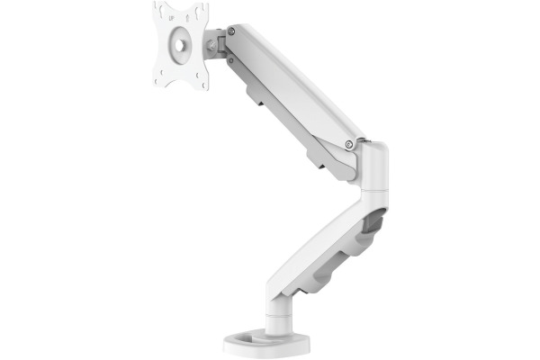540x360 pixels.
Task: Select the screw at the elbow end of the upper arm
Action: [349, 144]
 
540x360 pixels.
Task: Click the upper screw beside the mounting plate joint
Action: [231, 31]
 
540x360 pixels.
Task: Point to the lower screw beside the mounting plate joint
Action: [231, 60]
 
